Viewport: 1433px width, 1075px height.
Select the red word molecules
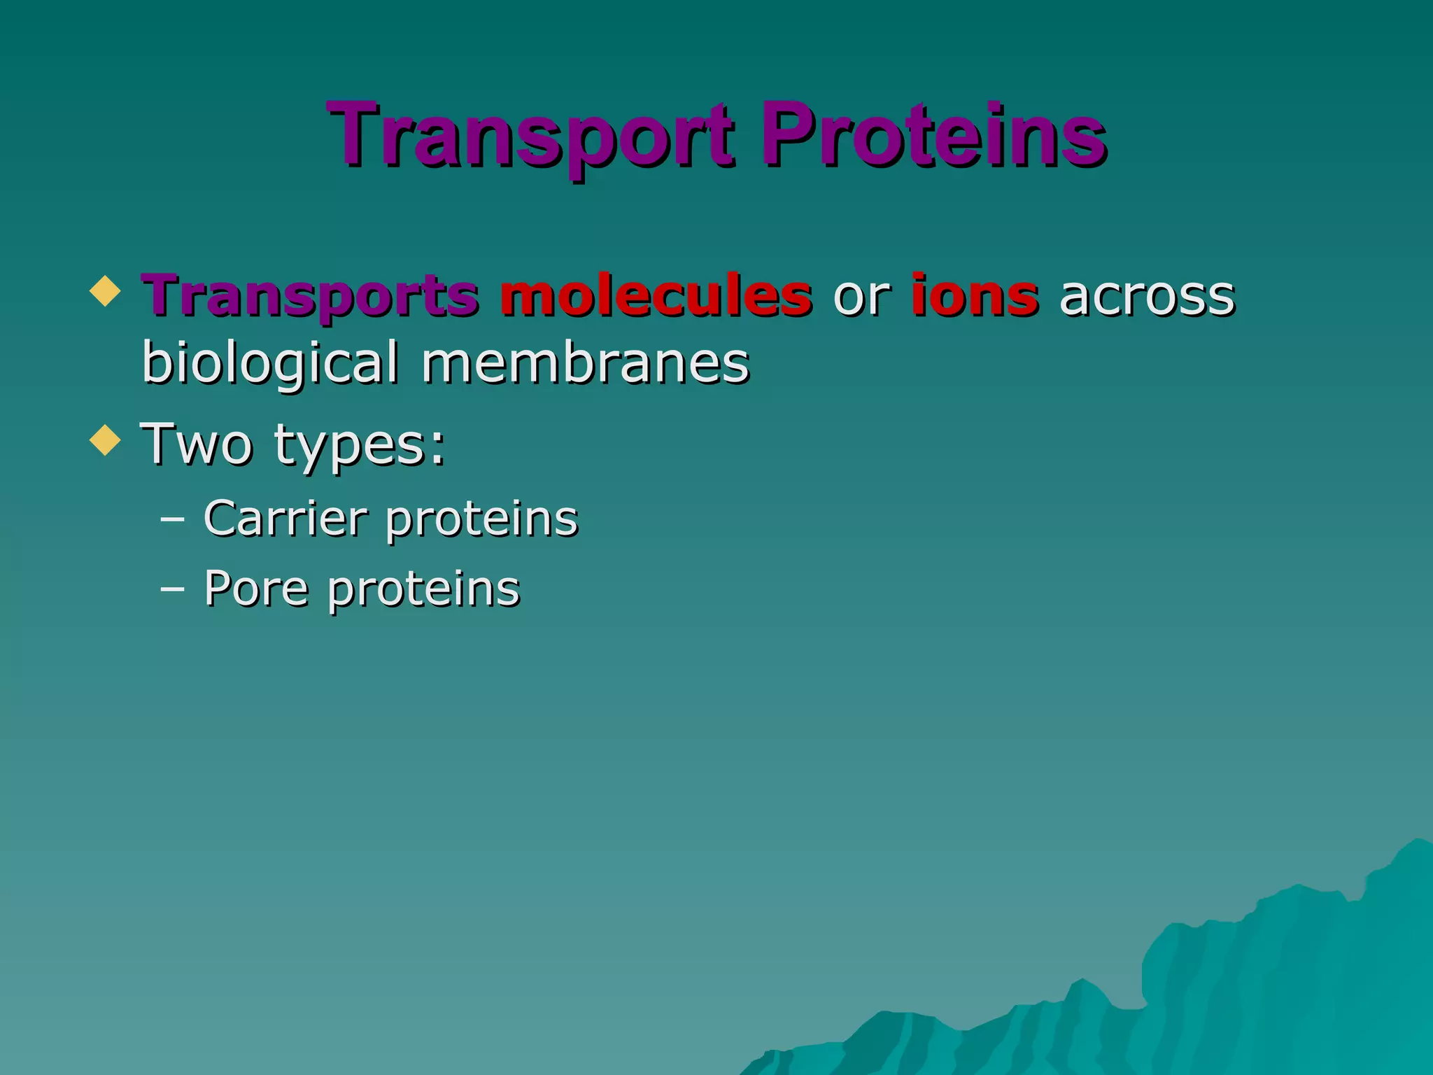pos(656,295)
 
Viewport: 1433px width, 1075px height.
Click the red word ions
pos(974,295)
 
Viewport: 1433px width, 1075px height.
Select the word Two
pos(197,444)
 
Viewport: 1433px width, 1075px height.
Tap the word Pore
pos(256,588)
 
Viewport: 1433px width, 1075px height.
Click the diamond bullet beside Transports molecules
pos(106,291)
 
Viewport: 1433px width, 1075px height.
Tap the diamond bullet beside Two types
pos(106,441)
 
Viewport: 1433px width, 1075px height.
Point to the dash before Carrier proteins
pos(172,520)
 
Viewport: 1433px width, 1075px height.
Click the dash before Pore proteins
pos(172,589)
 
